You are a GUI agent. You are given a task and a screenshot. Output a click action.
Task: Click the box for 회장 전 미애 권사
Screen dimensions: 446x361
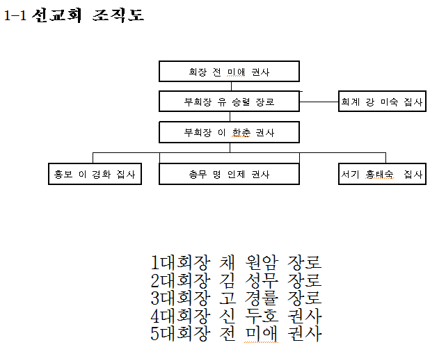pyautogui.click(x=229, y=72)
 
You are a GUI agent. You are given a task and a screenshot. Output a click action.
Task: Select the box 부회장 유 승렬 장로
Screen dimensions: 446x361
pyautogui.click(x=229, y=102)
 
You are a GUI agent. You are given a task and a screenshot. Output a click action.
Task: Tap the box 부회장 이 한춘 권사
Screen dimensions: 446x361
pyautogui.click(x=229, y=132)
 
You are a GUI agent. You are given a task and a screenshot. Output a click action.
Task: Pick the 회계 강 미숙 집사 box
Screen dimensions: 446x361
pyautogui.click(x=382, y=102)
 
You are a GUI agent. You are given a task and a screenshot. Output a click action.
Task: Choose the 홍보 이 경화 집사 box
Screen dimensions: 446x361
pyautogui.click(x=95, y=174)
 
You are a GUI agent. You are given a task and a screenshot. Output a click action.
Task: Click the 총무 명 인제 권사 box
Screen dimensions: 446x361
pyautogui.click(x=229, y=174)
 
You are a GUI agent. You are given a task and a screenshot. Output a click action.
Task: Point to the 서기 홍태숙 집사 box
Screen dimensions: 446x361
pyautogui.click(x=382, y=174)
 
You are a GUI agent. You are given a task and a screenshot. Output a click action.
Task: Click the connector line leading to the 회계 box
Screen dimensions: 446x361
pyautogui.click(x=319, y=102)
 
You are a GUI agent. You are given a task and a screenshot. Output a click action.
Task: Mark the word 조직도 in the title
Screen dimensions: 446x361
pyautogui.click(x=118, y=15)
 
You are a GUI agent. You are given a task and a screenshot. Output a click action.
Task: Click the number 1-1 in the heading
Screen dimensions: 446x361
pyautogui.click(x=15, y=15)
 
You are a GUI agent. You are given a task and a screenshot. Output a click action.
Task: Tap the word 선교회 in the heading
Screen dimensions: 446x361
pyautogui.click(x=57, y=15)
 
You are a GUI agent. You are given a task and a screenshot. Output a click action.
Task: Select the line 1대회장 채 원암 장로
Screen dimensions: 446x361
pyautogui.click(x=236, y=262)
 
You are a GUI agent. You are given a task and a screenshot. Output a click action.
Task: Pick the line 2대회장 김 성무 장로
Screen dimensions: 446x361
pyautogui.click(x=236, y=280)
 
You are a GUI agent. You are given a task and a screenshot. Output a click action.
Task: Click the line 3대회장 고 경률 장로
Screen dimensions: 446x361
pyautogui.click(x=236, y=298)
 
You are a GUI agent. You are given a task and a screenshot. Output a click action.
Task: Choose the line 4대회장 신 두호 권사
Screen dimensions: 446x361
pyautogui.click(x=236, y=316)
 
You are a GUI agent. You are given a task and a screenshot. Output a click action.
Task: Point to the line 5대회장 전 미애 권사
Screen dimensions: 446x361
pyautogui.click(x=236, y=334)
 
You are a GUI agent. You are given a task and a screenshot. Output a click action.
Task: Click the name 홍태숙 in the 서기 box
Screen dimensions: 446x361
pyautogui.click(x=379, y=174)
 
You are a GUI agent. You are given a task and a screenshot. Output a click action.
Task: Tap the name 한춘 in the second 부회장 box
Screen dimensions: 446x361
pyautogui.click(x=241, y=132)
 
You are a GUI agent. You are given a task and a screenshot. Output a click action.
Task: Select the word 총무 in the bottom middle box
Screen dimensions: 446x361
pyautogui.click(x=198, y=174)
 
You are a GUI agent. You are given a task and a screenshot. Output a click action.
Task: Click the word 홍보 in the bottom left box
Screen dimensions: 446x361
pyautogui.click(x=63, y=174)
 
